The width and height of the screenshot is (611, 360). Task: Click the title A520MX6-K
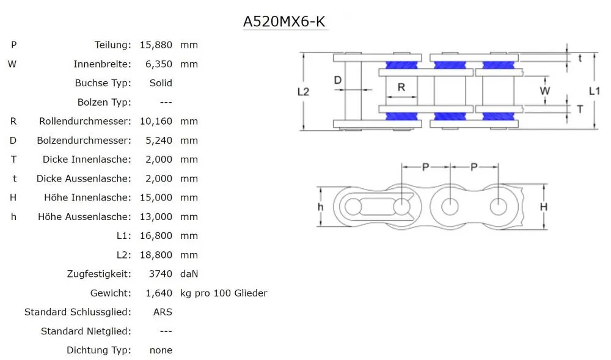(x=285, y=21)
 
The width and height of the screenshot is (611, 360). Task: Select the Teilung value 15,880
(x=156, y=45)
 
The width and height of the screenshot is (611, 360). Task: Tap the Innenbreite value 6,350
(x=158, y=64)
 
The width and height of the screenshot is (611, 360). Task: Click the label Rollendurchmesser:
(x=85, y=121)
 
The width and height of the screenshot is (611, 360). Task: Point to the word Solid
(x=161, y=83)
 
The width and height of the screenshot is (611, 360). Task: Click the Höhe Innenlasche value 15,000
(x=156, y=197)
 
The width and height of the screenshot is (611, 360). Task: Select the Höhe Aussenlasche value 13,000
(x=156, y=216)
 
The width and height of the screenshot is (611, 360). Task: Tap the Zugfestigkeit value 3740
(x=161, y=274)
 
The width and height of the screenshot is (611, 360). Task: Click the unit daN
(x=189, y=274)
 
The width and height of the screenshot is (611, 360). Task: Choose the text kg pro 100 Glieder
(x=224, y=293)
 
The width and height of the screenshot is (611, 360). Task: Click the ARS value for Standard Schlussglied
(x=163, y=312)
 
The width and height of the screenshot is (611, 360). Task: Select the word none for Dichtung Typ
(x=161, y=350)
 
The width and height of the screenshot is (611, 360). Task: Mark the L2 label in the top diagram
(x=303, y=91)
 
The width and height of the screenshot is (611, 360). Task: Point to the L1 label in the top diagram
(x=594, y=90)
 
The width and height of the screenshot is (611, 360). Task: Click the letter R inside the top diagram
(x=401, y=87)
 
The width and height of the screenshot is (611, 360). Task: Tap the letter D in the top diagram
(x=337, y=80)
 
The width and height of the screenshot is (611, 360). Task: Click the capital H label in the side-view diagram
(x=543, y=207)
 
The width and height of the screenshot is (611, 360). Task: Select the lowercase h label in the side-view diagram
(x=320, y=207)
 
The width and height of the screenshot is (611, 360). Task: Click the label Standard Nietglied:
(x=86, y=331)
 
